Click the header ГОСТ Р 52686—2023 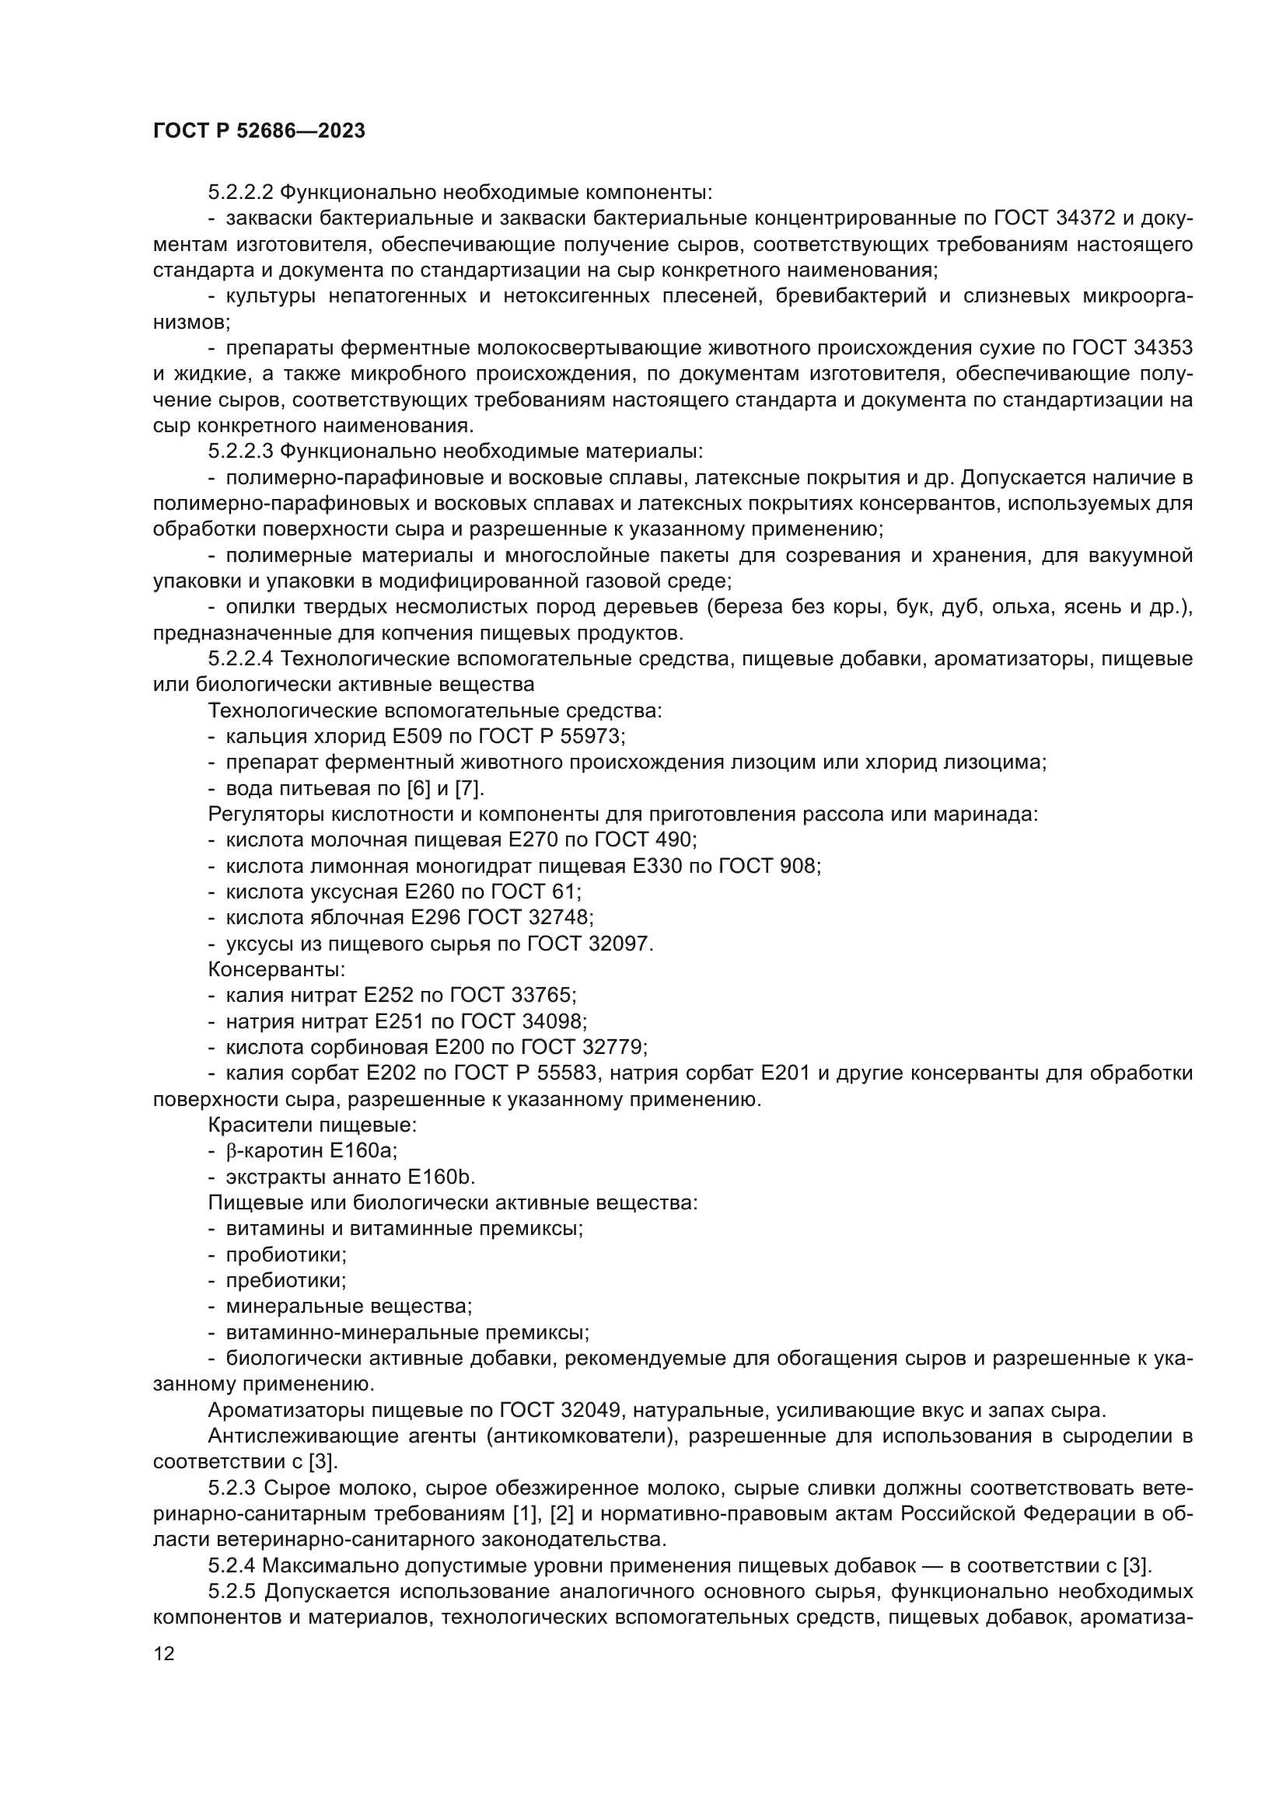point(259,131)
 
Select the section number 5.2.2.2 point(242,193)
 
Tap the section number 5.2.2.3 point(242,452)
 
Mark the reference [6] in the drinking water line point(418,789)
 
